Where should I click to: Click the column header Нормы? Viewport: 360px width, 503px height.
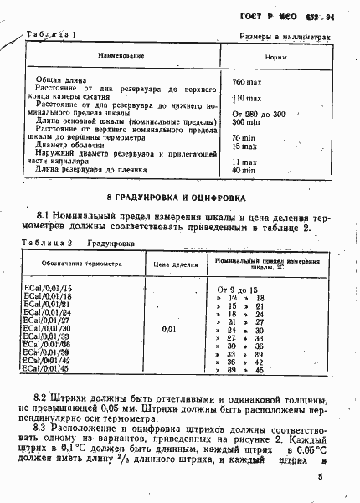(278, 56)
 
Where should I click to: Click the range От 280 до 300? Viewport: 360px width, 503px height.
(260, 113)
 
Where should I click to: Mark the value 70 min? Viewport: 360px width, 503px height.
(244, 137)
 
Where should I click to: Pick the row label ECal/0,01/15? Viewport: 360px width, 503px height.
(49, 289)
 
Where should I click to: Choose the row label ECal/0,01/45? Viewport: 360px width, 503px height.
(49, 368)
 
